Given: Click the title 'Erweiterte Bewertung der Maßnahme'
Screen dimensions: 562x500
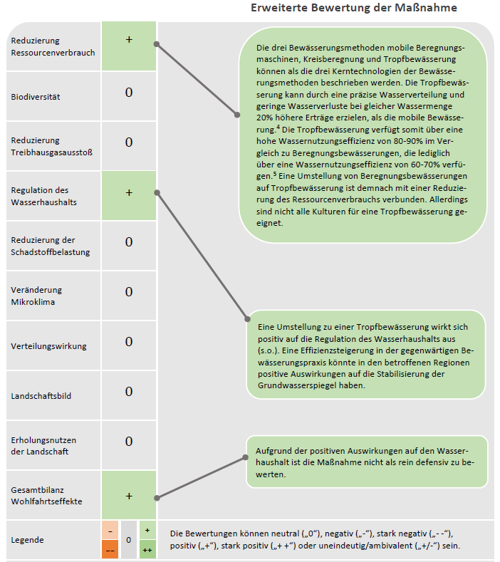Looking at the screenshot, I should tap(354, 8).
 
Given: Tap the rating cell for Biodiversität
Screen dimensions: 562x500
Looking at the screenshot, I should tap(129, 93).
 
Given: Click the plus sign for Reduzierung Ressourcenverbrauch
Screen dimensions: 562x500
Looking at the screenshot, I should tap(129, 40).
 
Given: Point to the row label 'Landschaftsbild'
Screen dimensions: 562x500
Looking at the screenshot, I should tap(41, 396).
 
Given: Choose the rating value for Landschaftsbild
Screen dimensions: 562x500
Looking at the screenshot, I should tap(129, 392).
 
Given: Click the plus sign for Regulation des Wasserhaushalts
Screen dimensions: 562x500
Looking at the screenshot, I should tap(129, 193).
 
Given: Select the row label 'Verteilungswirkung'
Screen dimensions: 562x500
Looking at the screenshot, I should tap(48, 346).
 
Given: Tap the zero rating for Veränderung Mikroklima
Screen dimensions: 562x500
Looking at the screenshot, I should tap(129, 292).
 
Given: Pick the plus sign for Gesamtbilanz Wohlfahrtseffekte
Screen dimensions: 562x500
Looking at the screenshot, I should tap(129, 496).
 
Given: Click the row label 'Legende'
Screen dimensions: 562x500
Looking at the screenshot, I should tap(28, 540).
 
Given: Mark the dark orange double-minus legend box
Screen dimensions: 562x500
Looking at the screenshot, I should tap(110, 550).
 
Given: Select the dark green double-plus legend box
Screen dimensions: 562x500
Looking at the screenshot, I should tap(147, 550).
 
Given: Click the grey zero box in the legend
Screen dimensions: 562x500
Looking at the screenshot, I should tap(129, 540).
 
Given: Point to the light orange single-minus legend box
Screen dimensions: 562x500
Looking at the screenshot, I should tap(110, 531).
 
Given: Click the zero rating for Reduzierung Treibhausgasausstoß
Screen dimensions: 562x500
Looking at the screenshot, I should tap(129, 142).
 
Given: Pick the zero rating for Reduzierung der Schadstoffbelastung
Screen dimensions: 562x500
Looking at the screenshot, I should tap(129, 242).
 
